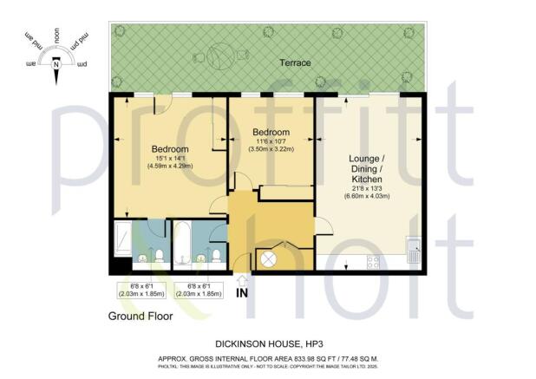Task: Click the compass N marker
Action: click(x=56, y=63)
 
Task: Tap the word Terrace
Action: click(x=295, y=63)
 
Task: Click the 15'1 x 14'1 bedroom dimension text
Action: click(x=170, y=160)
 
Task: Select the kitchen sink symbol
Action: click(x=414, y=252)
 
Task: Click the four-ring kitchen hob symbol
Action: click(x=374, y=258)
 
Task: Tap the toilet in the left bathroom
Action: click(x=159, y=255)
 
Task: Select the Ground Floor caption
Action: click(x=141, y=317)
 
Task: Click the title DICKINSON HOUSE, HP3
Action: click(x=268, y=343)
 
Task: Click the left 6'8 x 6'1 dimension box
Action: click(x=140, y=291)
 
